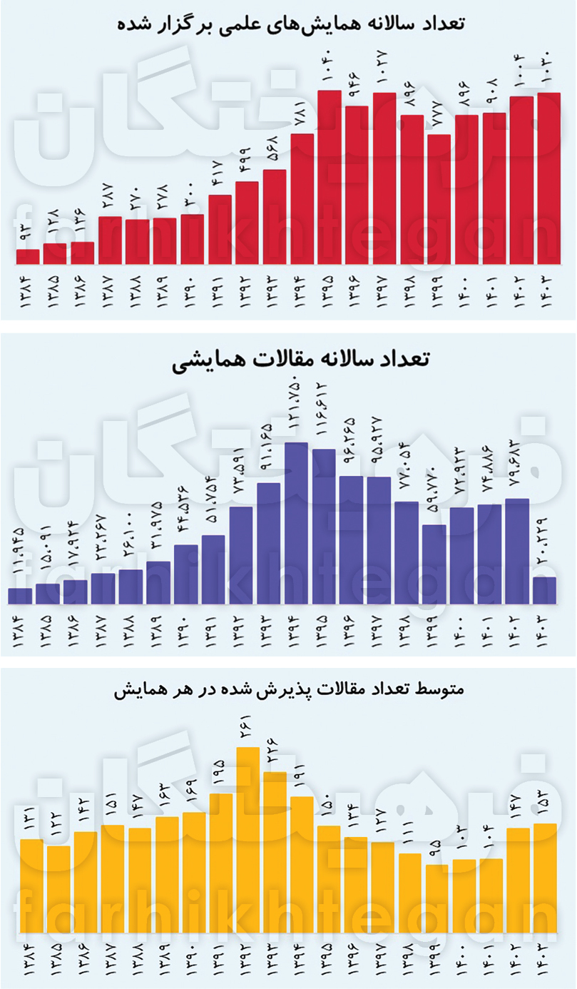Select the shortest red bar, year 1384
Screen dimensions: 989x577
pos(28,256)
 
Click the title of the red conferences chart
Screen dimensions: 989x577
pos(290,23)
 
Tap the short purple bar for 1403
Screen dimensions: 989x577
pos(544,590)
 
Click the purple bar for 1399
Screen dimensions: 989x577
pos(434,564)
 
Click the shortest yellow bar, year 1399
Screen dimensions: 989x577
pos(437,898)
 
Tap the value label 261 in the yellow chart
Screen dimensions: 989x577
pos(248,726)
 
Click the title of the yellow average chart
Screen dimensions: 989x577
pos(289,691)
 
